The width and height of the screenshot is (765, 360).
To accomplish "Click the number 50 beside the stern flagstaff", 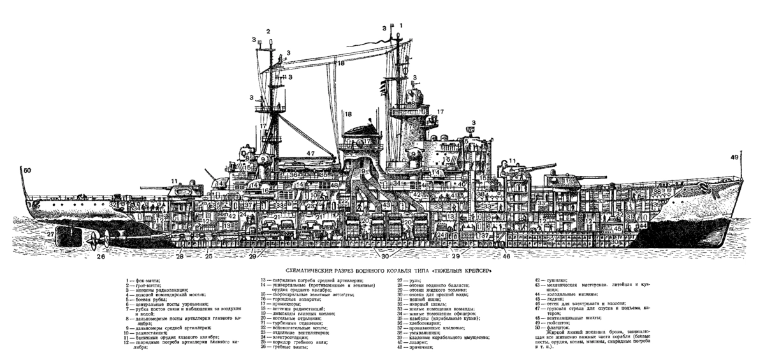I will coord(26,171).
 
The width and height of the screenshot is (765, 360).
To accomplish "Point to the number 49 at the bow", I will coord(735,157).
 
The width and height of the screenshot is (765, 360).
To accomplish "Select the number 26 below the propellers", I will coord(100,257).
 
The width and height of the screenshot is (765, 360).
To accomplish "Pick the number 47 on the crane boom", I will coord(310,154).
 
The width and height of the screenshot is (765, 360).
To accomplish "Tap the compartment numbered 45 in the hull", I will coord(617,228).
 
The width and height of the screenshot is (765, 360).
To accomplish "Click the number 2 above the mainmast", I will coord(268,31).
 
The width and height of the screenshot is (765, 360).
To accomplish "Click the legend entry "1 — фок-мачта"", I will coord(143,280).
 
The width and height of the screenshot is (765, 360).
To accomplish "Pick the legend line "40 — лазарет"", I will coord(414,342).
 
